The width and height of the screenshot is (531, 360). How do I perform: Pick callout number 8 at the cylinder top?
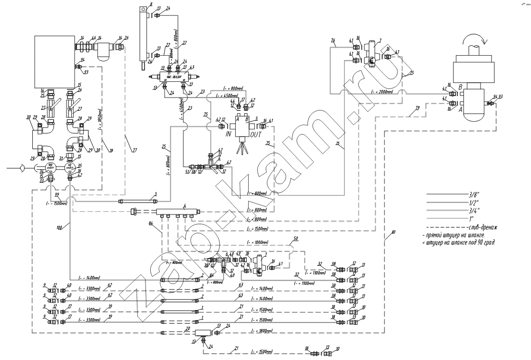point(151,3)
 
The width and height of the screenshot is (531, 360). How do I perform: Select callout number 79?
point(417,108)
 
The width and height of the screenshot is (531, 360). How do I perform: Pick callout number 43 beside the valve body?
point(192,68)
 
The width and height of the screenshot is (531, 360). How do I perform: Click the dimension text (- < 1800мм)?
point(257,331)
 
